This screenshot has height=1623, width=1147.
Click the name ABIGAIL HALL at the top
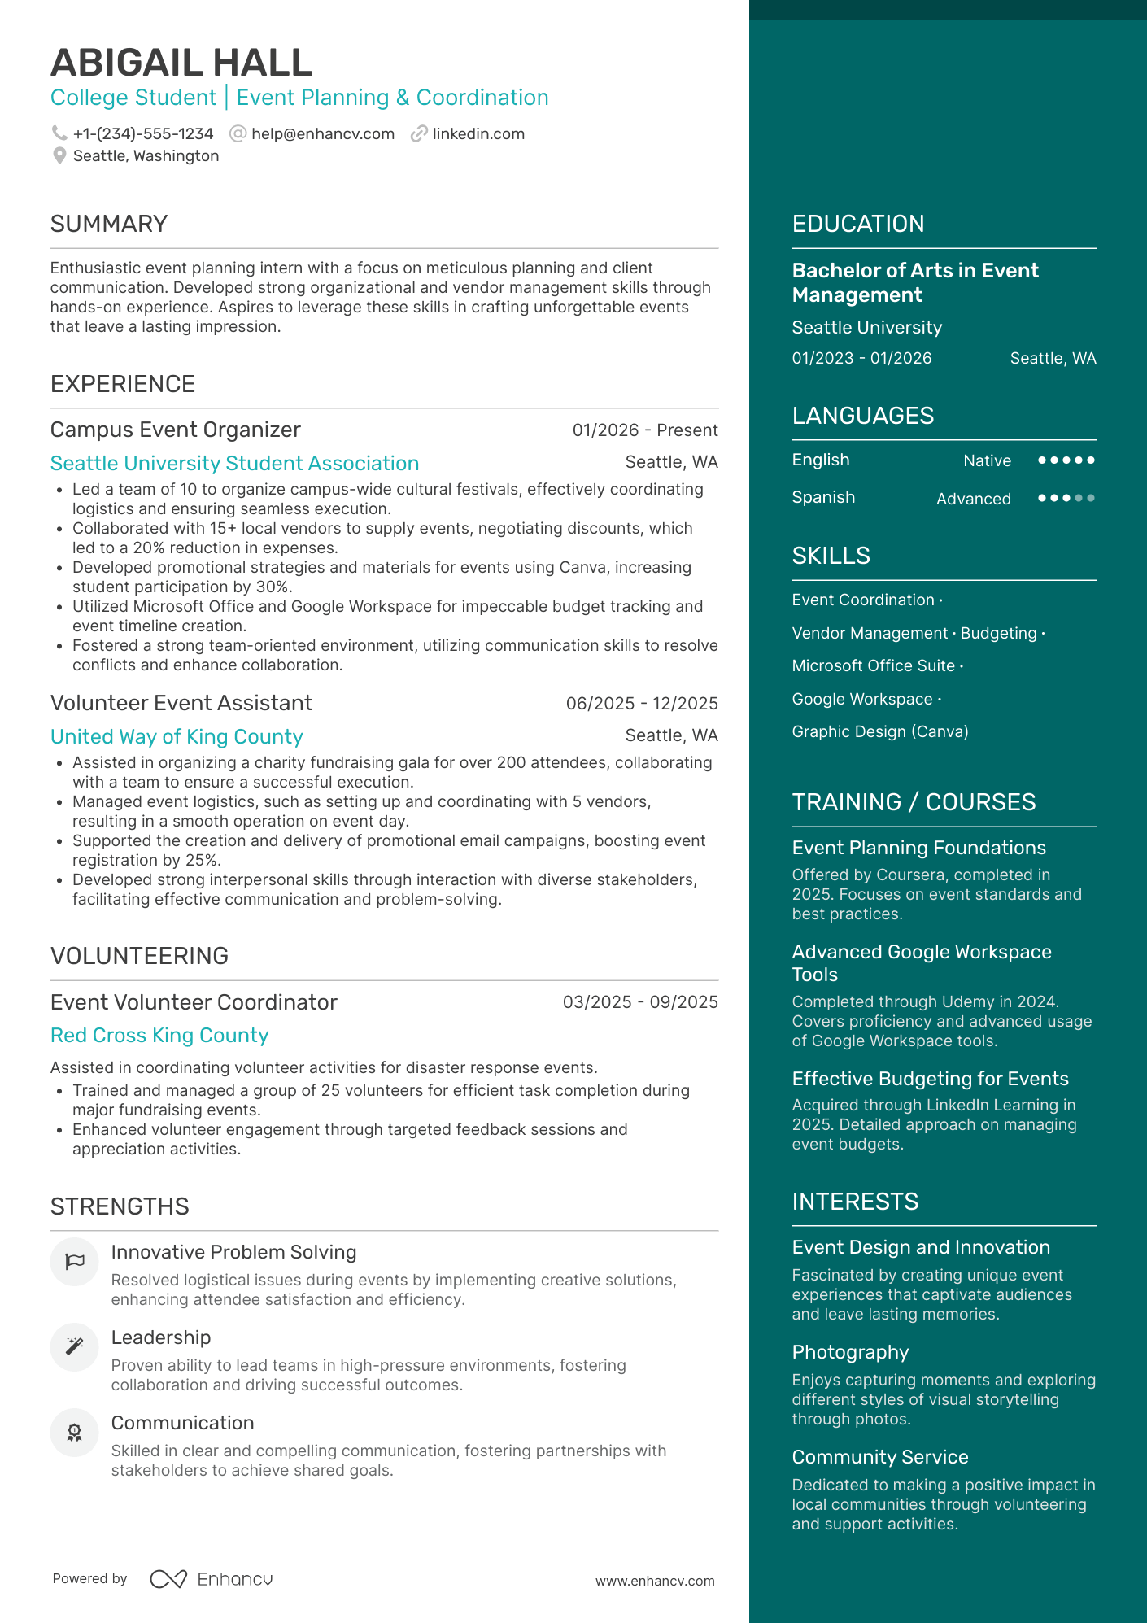[181, 63]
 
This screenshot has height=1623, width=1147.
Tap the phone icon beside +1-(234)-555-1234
[59, 133]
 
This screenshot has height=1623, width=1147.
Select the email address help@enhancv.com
[322, 134]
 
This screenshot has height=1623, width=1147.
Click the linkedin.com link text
[478, 134]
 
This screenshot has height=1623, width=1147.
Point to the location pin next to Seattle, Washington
[59, 155]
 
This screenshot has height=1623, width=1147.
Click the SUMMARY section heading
[109, 224]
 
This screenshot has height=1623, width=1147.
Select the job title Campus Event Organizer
[176, 430]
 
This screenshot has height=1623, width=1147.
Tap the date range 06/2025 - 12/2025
[641, 704]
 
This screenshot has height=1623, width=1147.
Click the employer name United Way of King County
[177, 736]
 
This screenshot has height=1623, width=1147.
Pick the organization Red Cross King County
[159, 1035]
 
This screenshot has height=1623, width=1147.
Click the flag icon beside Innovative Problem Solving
[75, 1262]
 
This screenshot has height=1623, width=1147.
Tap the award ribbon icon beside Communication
[75, 1433]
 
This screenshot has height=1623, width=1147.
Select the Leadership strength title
[161, 1337]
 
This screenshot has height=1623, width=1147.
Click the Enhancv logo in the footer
[212, 1579]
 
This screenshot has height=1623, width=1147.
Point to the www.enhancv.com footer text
[655, 1581]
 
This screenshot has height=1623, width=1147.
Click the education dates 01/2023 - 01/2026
[861, 359]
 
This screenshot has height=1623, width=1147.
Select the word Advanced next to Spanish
[973, 499]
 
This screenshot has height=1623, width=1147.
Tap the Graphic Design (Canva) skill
[879, 731]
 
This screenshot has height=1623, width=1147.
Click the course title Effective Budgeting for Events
[930, 1079]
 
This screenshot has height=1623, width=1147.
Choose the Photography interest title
[850, 1352]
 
